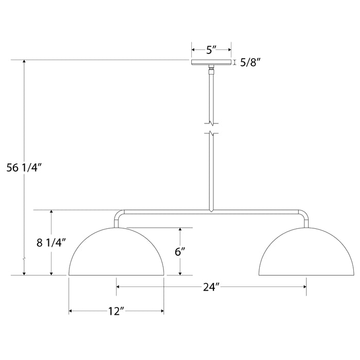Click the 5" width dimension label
tap(211, 50)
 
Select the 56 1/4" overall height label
tap(25, 167)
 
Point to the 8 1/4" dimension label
tap(50, 243)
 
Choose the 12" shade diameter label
tap(117, 311)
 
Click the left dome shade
tap(117, 255)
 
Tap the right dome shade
tap(307, 255)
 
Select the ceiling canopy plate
tap(211, 63)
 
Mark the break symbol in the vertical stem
tap(211, 129)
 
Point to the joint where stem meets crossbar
tap(211, 210)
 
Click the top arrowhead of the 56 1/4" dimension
tap(23, 62)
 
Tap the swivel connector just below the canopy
tap(211, 69)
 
